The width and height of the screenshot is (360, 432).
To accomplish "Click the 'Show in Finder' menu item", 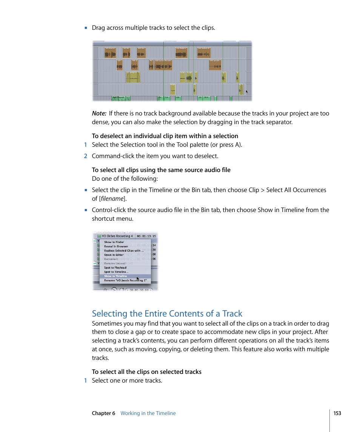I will coord(114,242).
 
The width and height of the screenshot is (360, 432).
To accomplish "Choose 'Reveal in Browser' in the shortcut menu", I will coord(116,246).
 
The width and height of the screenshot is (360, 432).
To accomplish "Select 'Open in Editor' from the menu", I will coord(114,255).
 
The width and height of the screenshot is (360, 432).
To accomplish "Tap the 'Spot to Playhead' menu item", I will coord(115,268).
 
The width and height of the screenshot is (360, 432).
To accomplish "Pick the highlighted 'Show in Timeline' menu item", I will coord(115,276).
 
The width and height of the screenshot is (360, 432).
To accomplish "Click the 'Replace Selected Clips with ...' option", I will coord(124,251).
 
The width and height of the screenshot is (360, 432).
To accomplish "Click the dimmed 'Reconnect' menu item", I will coord(111,259).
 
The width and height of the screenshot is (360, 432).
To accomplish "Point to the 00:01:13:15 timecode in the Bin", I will coord(146,236).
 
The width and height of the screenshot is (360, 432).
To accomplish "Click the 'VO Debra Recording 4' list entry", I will coord(117,236).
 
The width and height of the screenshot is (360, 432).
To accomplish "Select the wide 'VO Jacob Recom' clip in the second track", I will coord(163,65).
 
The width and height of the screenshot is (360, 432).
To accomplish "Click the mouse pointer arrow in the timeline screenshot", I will coord(247,91).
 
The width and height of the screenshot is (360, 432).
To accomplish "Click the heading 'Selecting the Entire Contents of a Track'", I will coord(167,314).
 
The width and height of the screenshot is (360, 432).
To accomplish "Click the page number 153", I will coord(337,413).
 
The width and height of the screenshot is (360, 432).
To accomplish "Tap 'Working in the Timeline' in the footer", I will coord(148,413).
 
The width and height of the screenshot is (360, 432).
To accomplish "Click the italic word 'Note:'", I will coord(99,113).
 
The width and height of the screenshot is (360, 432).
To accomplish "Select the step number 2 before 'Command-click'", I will coord(86,156).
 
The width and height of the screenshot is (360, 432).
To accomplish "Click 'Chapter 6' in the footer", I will coord(103,413).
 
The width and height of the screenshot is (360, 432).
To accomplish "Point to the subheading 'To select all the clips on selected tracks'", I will coord(146,372).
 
